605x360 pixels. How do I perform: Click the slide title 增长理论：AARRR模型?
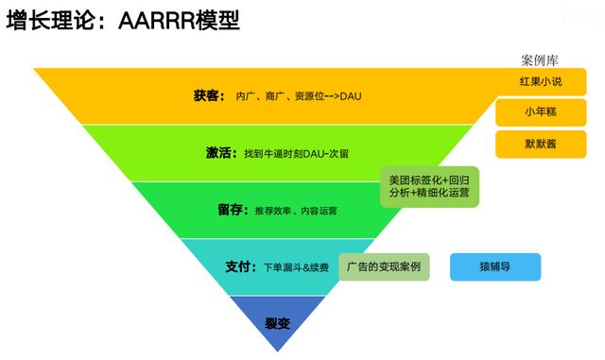click(123, 21)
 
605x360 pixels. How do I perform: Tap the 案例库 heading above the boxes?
click(540, 60)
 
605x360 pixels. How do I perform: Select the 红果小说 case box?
click(541, 81)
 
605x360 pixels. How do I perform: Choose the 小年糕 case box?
click(541, 112)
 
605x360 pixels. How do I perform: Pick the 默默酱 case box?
click(541, 145)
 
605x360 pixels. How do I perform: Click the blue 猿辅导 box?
click(495, 266)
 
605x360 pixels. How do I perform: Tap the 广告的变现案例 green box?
click(384, 266)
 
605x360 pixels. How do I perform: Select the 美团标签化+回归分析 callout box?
click(430, 187)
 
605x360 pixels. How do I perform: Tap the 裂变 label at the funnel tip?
click(277, 323)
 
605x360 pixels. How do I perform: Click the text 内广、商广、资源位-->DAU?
click(299, 96)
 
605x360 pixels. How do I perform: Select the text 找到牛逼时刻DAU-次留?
click(296, 154)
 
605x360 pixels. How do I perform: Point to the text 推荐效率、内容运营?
click(296, 211)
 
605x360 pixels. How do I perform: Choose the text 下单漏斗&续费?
click(296, 267)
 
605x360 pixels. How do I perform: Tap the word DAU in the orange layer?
click(351, 96)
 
